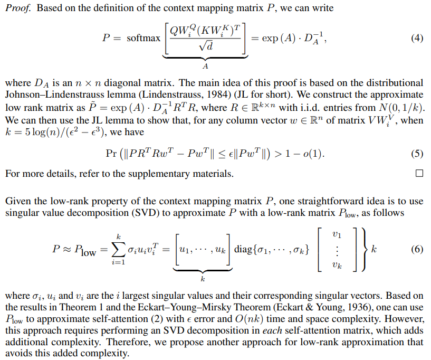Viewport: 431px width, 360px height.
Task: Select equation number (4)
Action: [x=417, y=39]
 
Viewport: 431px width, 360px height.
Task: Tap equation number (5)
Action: [x=417, y=154]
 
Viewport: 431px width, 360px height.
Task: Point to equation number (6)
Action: [x=417, y=250]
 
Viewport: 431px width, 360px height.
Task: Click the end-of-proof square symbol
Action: [x=419, y=173]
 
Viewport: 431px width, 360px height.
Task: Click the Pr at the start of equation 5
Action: [x=112, y=154]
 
